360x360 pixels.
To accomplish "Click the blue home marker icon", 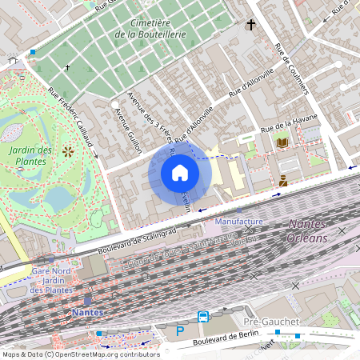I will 180,173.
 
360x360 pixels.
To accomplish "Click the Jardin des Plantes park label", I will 32,155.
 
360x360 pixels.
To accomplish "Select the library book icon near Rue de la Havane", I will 282,142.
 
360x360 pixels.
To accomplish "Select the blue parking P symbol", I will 180,330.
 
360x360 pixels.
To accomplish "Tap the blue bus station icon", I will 203,317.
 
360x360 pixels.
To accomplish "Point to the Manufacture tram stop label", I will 238,221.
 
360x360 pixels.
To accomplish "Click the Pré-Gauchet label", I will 270,322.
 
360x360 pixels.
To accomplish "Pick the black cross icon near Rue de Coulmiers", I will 250,26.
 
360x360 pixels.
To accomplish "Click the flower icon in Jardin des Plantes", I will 68,150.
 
